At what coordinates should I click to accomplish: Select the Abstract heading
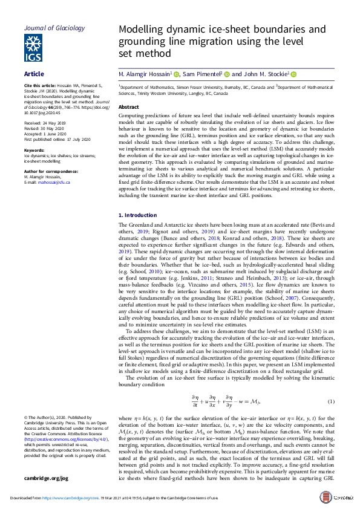(x=129, y=107)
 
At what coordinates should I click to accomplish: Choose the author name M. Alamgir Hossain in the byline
(x=145, y=74)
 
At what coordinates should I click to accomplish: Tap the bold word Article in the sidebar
(x=34, y=74)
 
